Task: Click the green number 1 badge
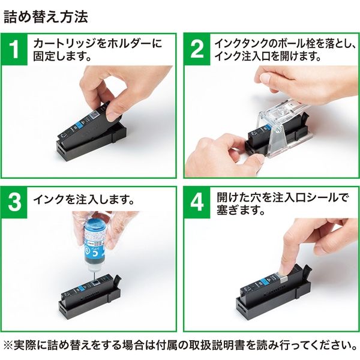pos(17,50)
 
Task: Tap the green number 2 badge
pos(197,50)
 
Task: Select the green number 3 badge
pos(17,203)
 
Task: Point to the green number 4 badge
pos(197,203)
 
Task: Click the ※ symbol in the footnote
pos(9,347)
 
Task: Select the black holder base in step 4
pos(270,306)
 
